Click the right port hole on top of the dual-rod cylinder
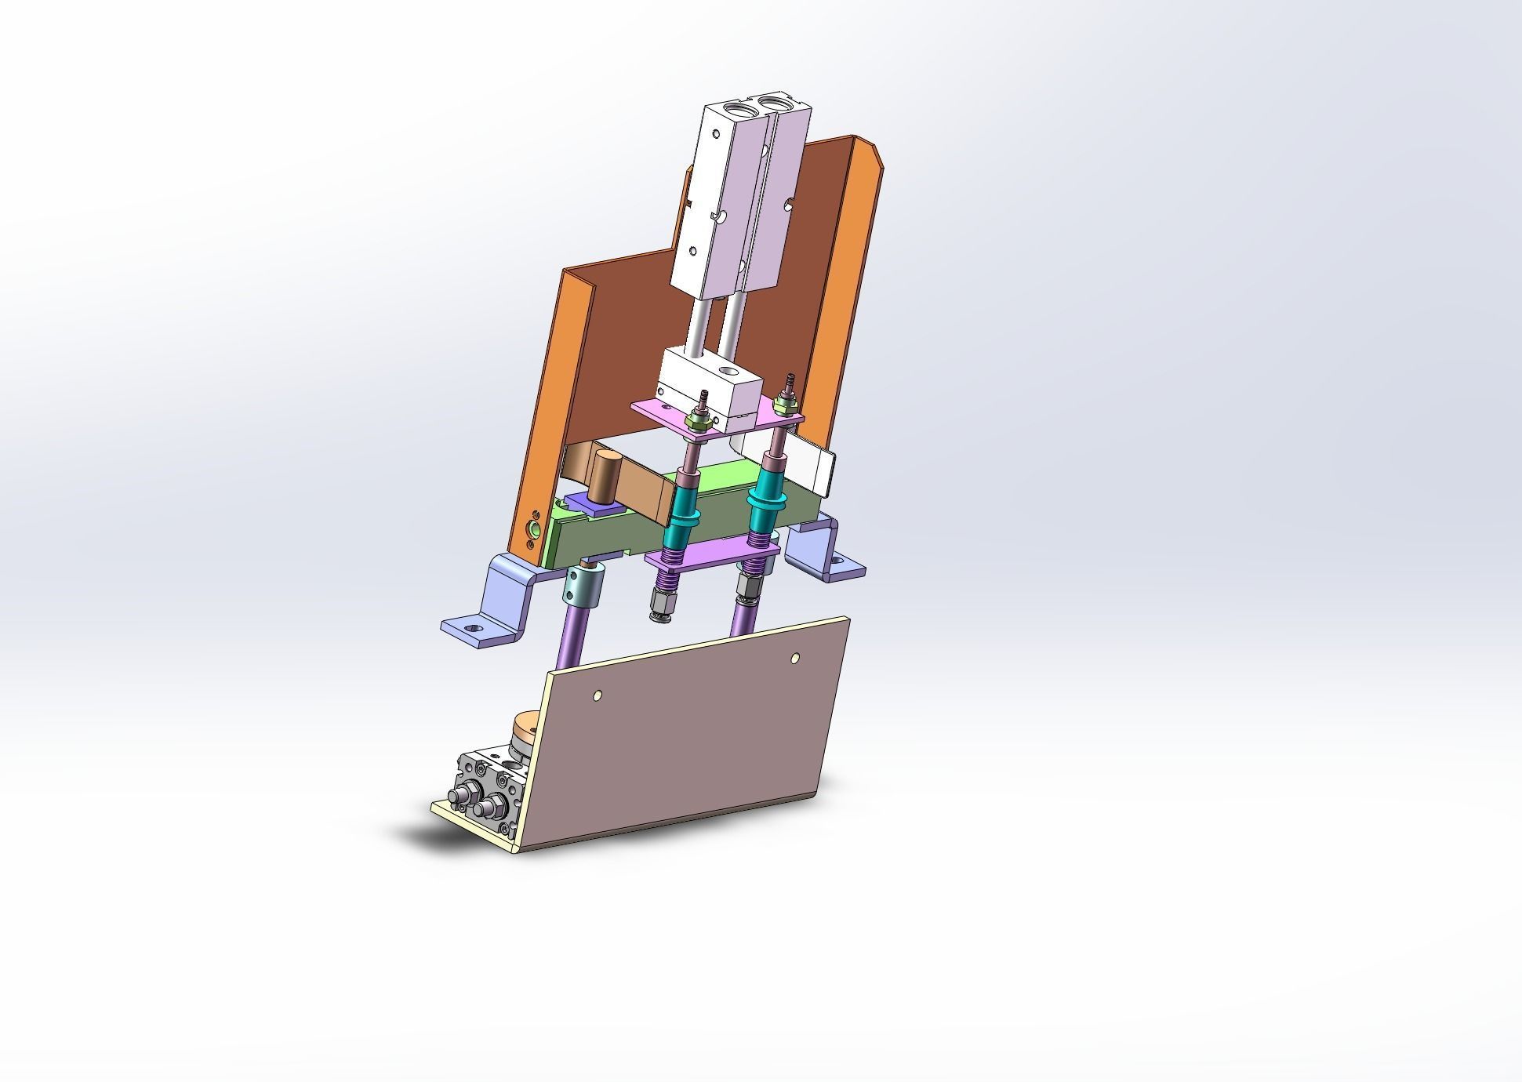[x=782, y=103]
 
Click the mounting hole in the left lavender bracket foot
[x=471, y=629]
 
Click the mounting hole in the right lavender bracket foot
[x=837, y=561]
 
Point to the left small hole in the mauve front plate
[x=598, y=695]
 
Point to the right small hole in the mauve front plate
[x=795, y=658]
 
